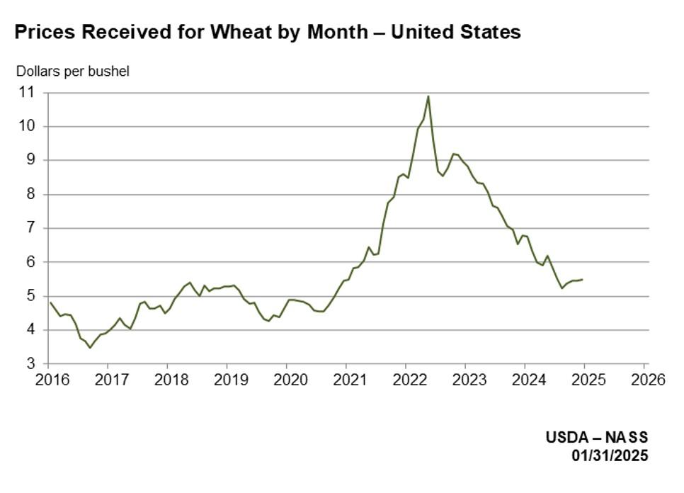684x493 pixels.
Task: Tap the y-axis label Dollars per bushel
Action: pyautogui.click(x=73, y=71)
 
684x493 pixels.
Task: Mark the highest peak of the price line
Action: pyautogui.click(x=428, y=96)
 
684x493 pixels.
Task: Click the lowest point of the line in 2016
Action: pyautogui.click(x=89, y=348)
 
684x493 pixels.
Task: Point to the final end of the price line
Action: pyautogui.click(x=583, y=279)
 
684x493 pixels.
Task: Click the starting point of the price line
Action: pyautogui.click(x=50, y=302)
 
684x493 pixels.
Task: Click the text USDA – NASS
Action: pyautogui.click(x=596, y=438)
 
